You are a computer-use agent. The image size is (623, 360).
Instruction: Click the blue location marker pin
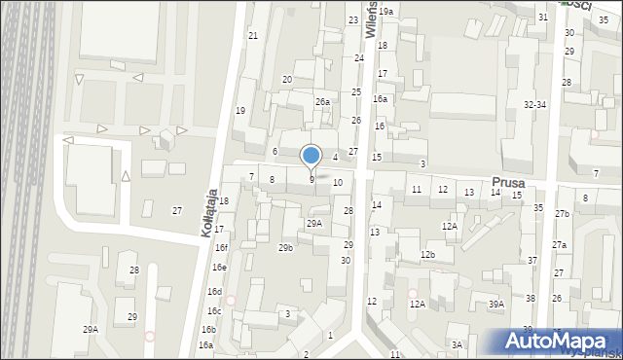tap(311, 156)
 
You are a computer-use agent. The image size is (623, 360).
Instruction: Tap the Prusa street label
tap(508, 182)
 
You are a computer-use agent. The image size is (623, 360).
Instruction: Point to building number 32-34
tap(534, 104)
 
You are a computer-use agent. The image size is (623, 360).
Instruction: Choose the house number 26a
tap(322, 102)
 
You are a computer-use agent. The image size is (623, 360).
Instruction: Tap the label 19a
tap(385, 12)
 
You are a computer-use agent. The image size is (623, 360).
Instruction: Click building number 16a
tap(381, 99)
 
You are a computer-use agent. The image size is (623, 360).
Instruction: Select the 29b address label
tap(285, 248)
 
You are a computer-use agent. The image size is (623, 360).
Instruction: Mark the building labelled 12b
tap(427, 255)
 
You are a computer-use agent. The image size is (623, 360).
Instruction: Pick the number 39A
tap(496, 305)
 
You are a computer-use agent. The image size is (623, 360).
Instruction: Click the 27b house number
tap(562, 214)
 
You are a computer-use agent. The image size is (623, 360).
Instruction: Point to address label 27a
tap(559, 245)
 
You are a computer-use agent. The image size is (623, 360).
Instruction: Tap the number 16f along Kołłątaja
tap(221, 248)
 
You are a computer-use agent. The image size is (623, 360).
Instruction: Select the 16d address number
tap(214, 292)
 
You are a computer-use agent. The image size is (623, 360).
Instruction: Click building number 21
tap(253, 36)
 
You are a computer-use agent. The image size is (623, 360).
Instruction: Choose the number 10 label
tap(338, 183)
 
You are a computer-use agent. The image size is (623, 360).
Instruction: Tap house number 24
tap(359, 58)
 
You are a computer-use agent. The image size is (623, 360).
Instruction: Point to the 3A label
tap(457, 345)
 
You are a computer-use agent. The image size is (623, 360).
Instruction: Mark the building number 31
tap(543, 18)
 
